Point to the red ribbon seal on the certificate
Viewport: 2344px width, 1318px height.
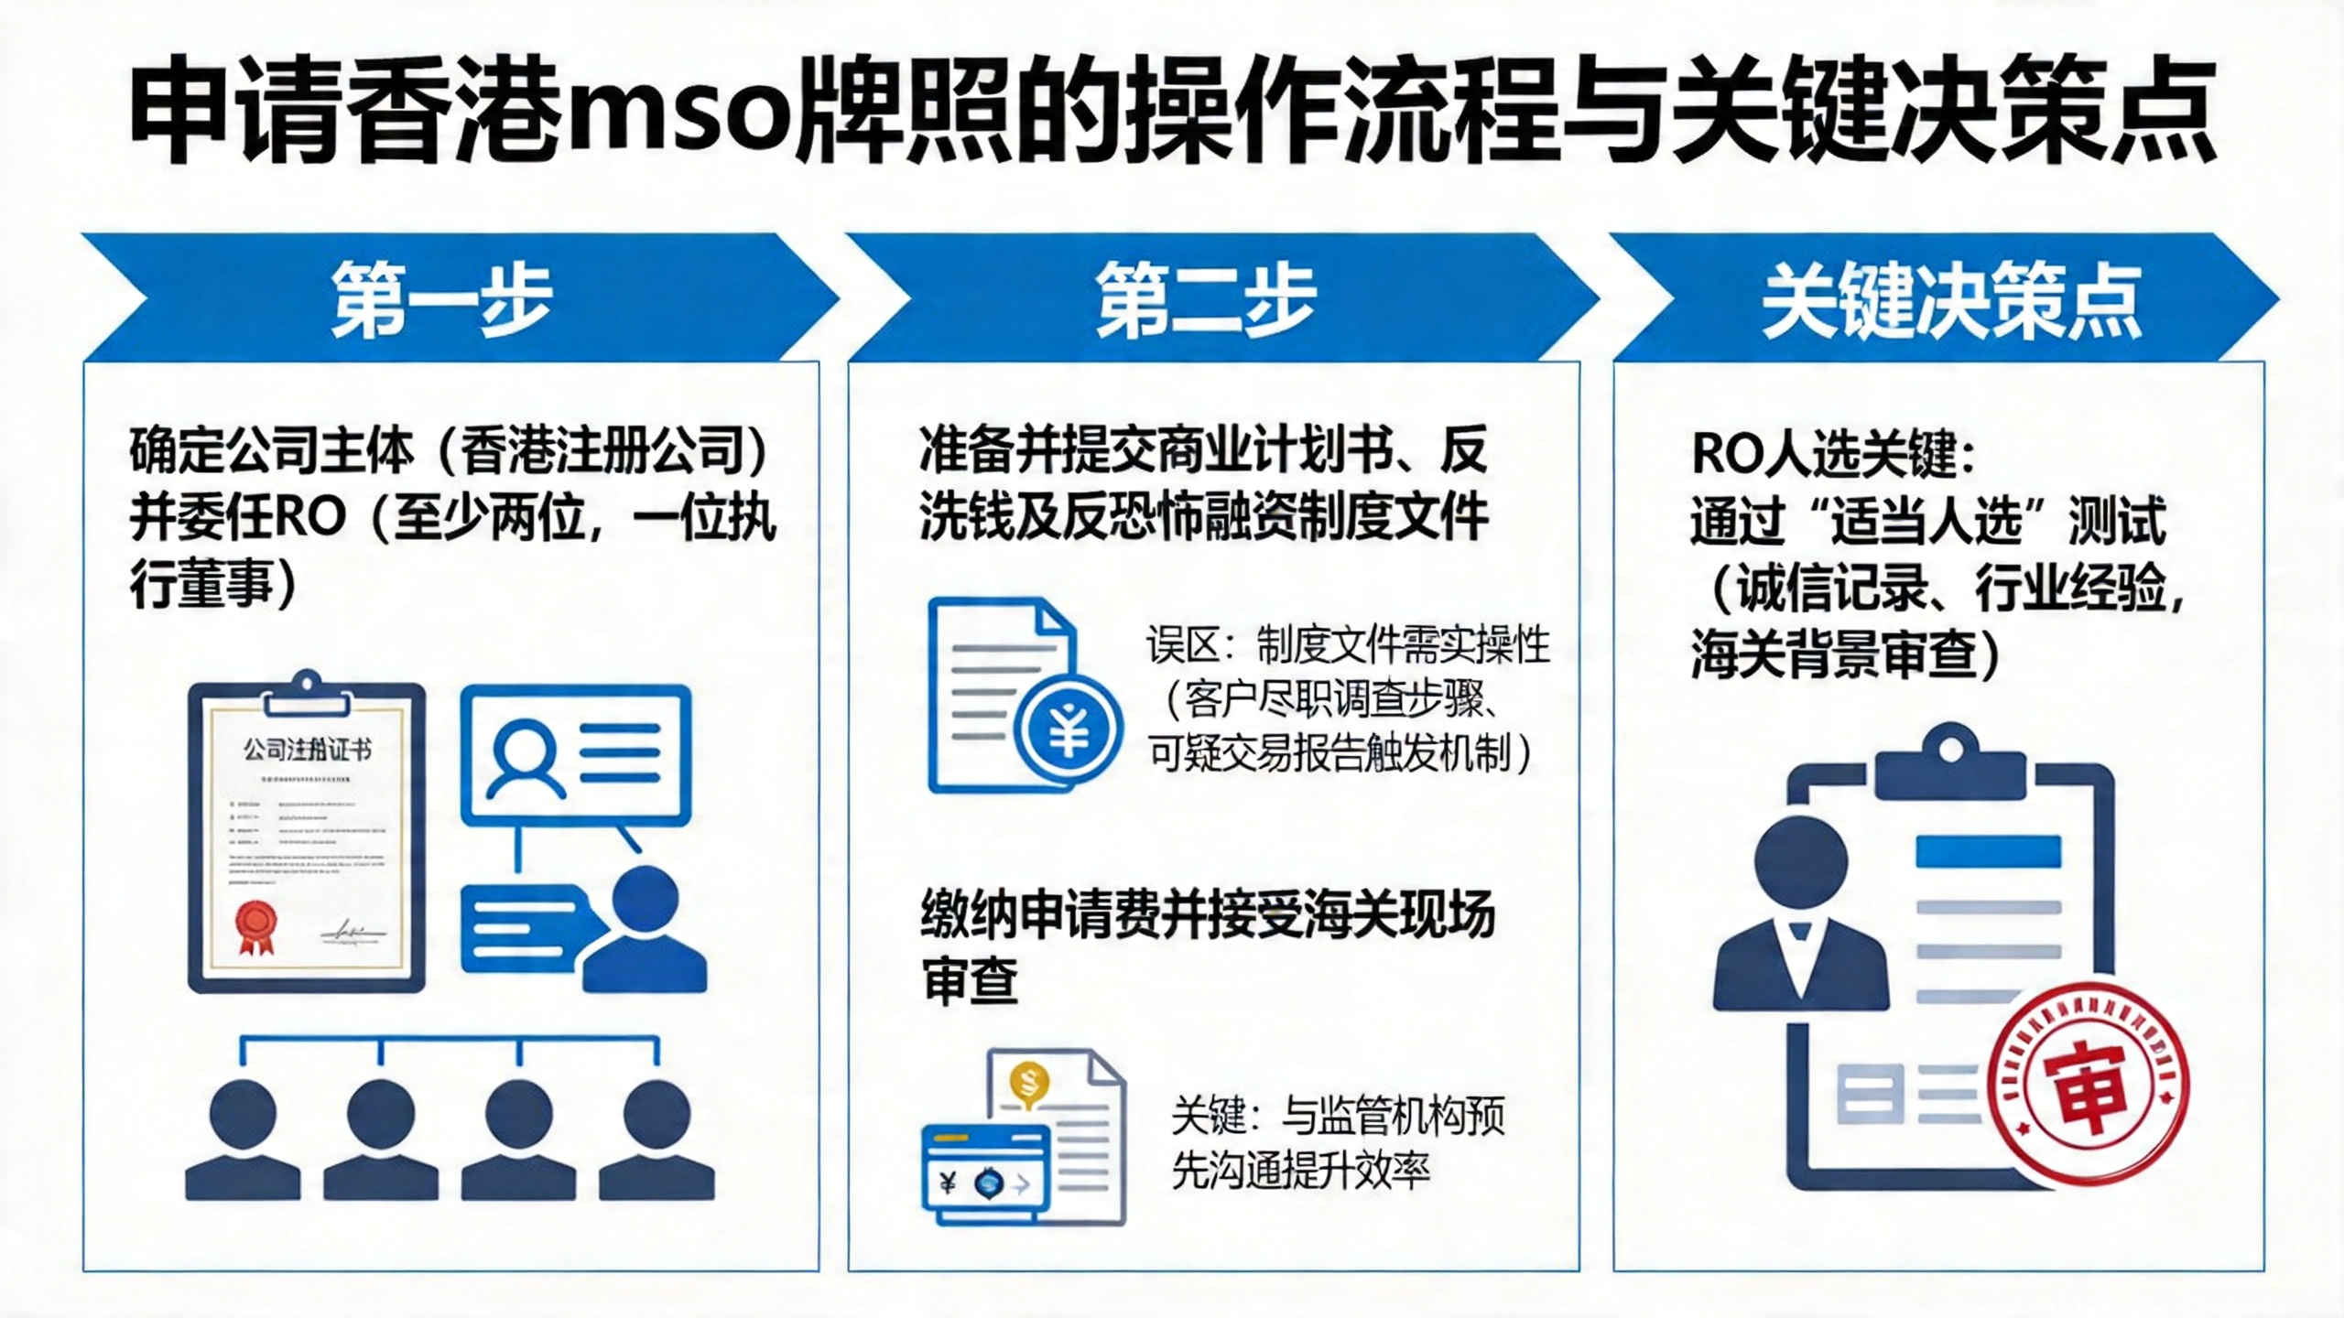coord(256,926)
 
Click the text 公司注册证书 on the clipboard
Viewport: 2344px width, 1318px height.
coord(308,751)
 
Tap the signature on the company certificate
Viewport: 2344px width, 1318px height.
coord(353,932)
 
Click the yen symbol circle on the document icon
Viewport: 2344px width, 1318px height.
coord(1069,729)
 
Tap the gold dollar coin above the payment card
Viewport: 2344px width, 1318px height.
coord(1029,1084)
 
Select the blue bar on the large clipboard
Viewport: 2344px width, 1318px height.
coord(1988,851)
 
